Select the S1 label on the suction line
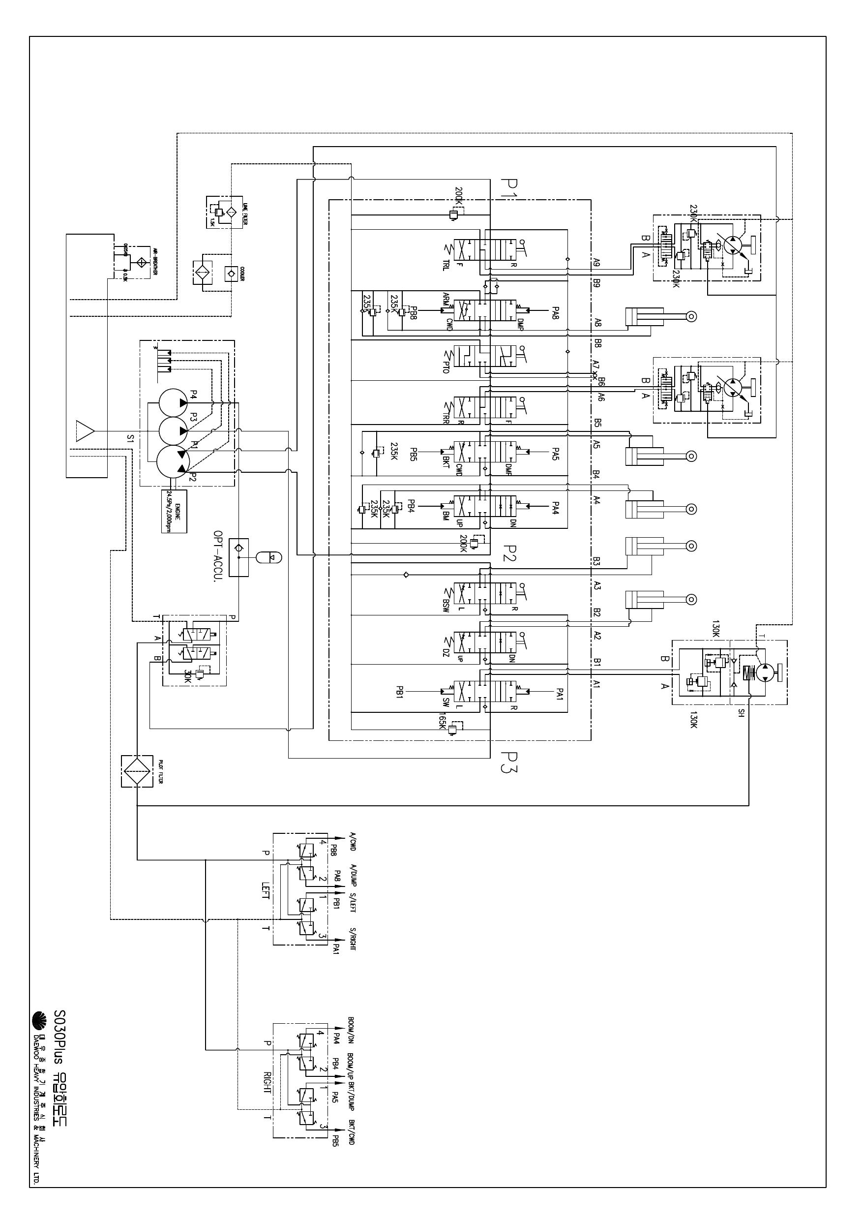[130, 439]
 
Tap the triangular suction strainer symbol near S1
[85, 430]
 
